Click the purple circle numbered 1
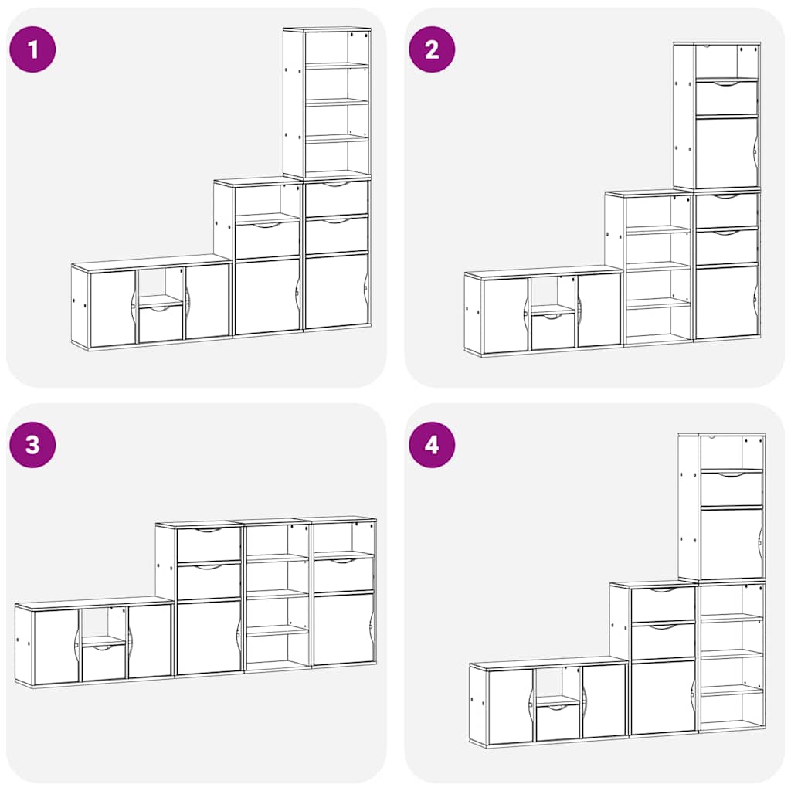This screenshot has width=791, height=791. pos(32,49)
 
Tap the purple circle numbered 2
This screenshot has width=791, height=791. pos(432,49)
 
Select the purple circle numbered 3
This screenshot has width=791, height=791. pos(32,445)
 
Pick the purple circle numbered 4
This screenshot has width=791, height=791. pos(432,445)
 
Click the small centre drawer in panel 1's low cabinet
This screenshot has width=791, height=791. pos(161,324)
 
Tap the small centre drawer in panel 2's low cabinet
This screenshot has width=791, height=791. pos(553,331)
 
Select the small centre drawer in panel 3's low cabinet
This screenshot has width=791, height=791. pos(104,662)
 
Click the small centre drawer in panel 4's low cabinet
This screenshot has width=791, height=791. pos(558,723)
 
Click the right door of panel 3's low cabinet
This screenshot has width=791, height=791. pos(150,641)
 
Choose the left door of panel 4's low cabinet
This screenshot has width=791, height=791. pos(510,706)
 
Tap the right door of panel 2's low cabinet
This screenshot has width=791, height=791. pos(599,310)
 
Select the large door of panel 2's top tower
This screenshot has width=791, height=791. pos(726,152)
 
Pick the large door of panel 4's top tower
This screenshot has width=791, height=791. pos(732,543)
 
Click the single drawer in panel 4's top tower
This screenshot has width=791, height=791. pos(732,488)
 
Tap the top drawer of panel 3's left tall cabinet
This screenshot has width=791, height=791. pos(209,544)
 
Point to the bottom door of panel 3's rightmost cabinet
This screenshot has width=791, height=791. pos(344,629)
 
